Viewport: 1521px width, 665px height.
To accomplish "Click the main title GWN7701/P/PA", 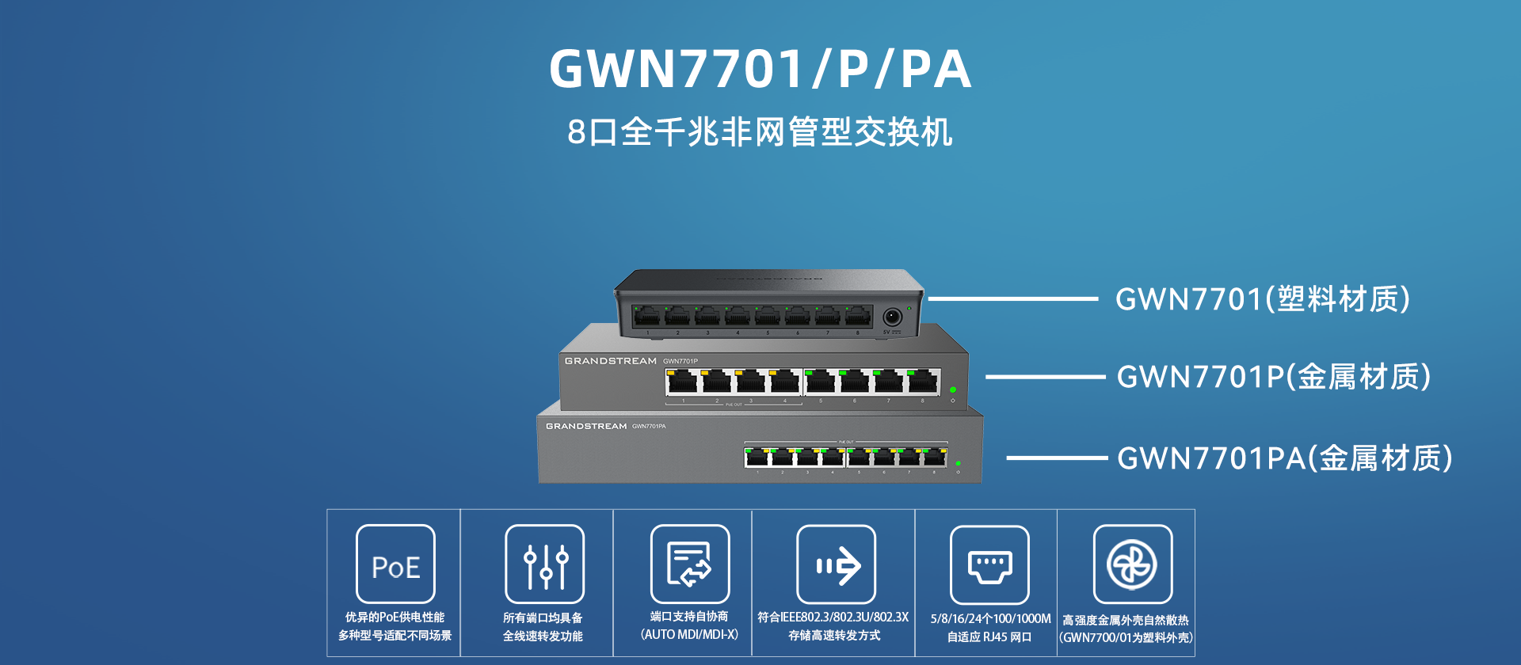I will click(760, 70).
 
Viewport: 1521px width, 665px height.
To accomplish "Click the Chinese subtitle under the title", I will click(760, 132).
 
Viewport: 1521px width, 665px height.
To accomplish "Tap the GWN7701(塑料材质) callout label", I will click(1263, 299).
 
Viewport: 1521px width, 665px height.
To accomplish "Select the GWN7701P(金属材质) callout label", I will click(1274, 377).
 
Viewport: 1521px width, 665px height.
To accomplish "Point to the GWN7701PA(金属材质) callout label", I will click(1285, 458).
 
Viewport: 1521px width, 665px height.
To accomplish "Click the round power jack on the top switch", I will click(892, 317).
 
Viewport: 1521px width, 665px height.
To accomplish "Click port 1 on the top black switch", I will click(647, 317).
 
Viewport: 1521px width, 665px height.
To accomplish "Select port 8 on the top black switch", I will click(858, 317).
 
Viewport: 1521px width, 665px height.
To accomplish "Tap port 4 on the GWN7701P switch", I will click(785, 382).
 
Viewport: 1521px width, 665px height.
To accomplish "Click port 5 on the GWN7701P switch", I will click(820, 382).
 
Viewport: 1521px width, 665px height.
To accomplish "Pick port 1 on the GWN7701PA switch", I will click(757, 457).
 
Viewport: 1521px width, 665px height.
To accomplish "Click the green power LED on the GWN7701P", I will click(953, 390).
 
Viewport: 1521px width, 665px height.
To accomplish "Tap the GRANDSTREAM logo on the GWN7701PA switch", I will click(586, 427).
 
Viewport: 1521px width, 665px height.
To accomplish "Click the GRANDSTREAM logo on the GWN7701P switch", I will click(610, 361).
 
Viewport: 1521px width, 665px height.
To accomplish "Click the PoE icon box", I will click(395, 564).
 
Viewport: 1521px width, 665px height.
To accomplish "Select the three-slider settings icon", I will click(545, 564).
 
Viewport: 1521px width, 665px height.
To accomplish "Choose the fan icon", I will click(1132, 564).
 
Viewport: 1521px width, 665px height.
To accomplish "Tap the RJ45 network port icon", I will click(989, 565).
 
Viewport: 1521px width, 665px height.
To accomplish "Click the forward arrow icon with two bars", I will click(837, 565).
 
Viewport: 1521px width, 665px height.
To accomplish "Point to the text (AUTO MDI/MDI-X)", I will click(689, 635).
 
